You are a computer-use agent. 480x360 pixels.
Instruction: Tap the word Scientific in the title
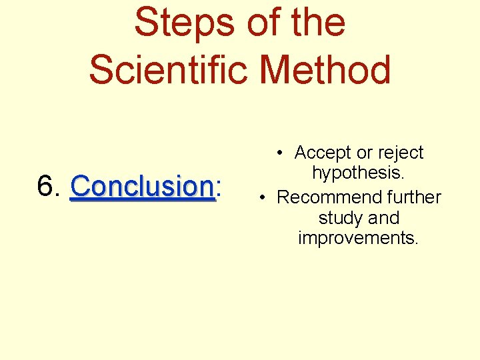170,70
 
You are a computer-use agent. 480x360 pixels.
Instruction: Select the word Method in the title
327,70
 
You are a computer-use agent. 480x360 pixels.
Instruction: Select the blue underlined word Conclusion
143,187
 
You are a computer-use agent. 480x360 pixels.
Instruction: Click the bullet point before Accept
283,153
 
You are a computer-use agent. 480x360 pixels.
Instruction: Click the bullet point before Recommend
265,198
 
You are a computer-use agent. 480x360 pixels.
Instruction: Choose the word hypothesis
359,174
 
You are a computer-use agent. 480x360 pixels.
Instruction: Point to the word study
341,219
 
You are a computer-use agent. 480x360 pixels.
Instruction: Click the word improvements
359,238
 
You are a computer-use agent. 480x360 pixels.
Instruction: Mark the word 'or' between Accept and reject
364,153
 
